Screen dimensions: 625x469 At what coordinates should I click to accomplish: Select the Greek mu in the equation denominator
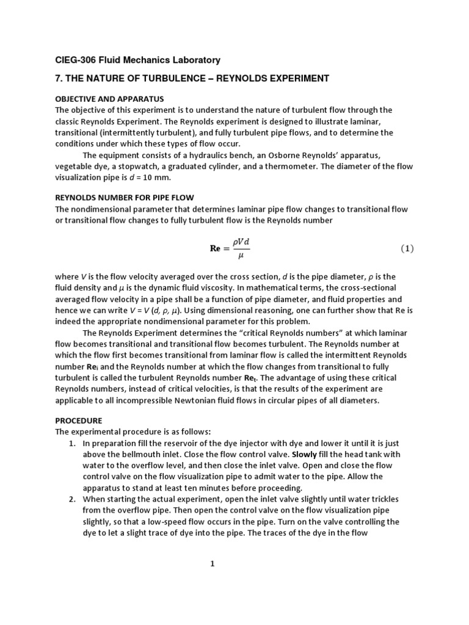pos(241,256)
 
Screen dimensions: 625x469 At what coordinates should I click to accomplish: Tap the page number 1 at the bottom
pos(213,564)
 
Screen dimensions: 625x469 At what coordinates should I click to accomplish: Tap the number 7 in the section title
pos(58,78)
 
